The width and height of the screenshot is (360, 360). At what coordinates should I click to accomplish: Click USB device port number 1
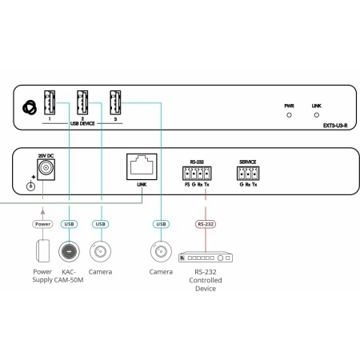tap(50, 102)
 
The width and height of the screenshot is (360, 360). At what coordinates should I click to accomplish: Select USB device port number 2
tap(82, 102)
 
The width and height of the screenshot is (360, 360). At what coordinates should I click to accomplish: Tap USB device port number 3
tap(115, 102)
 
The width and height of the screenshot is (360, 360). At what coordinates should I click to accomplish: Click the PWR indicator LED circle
tap(289, 115)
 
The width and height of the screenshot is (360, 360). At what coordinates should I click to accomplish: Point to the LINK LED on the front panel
tap(317, 115)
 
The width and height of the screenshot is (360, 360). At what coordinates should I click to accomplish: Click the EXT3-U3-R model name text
tap(335, 126)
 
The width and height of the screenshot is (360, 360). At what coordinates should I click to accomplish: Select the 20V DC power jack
tap(46, 170)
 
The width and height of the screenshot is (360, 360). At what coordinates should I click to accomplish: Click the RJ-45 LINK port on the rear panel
tap(142, 166)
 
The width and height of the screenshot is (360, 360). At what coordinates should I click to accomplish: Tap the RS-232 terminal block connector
tap(197, 174)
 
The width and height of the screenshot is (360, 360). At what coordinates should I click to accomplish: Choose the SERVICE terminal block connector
tap(248, 174)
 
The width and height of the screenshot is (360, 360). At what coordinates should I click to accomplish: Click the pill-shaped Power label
tap(42, 224)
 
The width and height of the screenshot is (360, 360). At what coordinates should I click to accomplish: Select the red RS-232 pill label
tap(206, 224)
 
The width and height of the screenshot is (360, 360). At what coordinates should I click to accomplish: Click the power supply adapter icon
tap(42, 251)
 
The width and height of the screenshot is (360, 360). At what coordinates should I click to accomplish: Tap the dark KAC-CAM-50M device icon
tap(69, 251)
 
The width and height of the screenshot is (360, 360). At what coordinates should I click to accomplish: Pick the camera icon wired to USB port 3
tap(161, 251)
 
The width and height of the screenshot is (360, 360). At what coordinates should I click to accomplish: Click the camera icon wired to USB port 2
tap(100, 251)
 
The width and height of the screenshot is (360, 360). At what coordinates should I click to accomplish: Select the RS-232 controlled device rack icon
tap(206, 257)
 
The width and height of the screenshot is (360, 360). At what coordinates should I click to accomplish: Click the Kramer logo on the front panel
tap(30, 108)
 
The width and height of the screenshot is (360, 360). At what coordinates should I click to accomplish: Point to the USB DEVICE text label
tap(82, 124)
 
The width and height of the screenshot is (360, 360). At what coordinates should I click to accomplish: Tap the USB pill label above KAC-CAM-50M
tap(70, 224)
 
